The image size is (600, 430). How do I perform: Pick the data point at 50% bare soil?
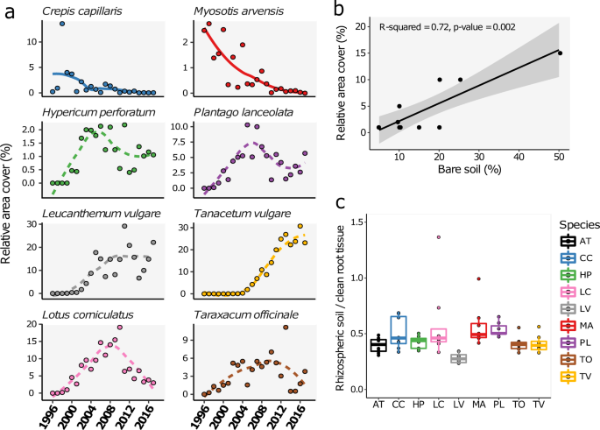(560, 53)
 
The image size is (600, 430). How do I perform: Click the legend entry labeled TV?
(568, 377)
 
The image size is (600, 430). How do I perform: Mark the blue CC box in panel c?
(399, 328)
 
